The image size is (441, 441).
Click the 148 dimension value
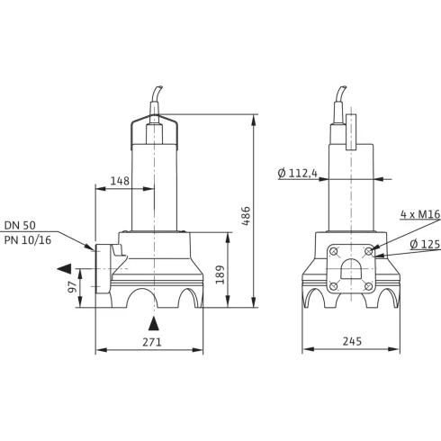[x=120, y=181]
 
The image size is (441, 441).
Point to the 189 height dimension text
[x=220, y=274]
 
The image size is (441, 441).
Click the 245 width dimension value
[x=352, y=342]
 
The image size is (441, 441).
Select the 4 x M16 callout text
[x=418, y=215]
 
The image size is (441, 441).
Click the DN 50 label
[x=20, y=225]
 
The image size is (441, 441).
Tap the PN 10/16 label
[x=26, y=239]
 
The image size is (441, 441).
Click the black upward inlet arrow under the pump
[x=154, y=323]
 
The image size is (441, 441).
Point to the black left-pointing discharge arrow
[x=62, y=268]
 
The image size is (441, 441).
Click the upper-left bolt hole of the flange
[x=333, y=252]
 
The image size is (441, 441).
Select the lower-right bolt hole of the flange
[x=369, y=286]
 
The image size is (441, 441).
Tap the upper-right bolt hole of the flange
[x=369, y=252]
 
